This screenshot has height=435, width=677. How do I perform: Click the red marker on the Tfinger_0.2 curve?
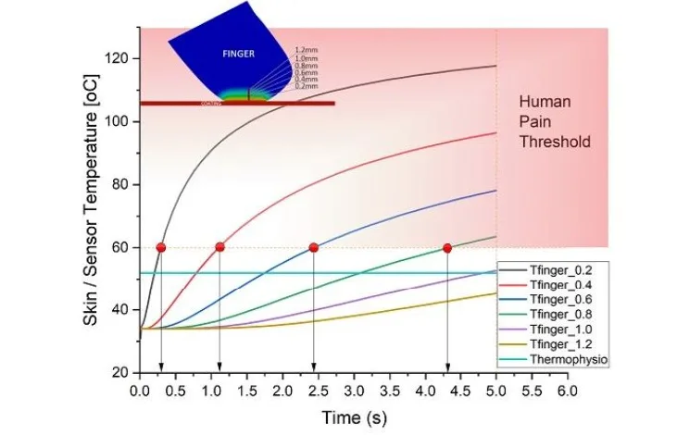click(x=161, y=247)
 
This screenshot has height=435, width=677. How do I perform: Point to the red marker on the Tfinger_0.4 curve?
click(x=219, y=247)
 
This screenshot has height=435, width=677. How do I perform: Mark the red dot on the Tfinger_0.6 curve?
click(x=314, y=247)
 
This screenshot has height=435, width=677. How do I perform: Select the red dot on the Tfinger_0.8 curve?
click(x=447, y=247)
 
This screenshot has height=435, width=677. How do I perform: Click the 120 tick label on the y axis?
click(x=119, y=58)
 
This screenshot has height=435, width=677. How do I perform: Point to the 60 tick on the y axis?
click(x=122, y=247)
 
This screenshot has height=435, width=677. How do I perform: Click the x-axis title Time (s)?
click(x=354, y=417)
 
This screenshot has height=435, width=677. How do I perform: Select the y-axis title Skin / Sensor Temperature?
click(x=90, y=199)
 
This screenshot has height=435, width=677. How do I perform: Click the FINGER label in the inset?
click(x=238, y=54)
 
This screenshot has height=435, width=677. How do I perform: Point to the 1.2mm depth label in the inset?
click(x=304, y=49)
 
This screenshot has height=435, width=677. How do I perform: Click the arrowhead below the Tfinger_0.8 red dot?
click(x=447, y=368)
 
